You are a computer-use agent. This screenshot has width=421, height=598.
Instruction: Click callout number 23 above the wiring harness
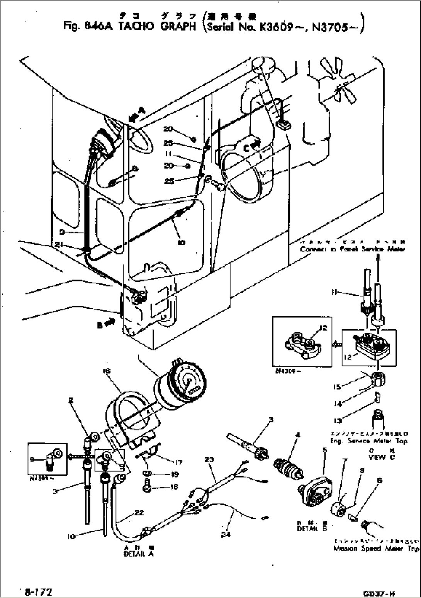[209, 459]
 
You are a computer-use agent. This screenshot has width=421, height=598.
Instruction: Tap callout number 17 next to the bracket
[178, 462]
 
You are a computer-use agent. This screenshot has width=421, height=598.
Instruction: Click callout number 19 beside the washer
[174, 474]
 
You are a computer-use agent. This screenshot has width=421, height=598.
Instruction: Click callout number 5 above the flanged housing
[325, 449]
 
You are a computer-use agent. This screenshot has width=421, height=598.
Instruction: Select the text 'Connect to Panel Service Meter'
[352, 249]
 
